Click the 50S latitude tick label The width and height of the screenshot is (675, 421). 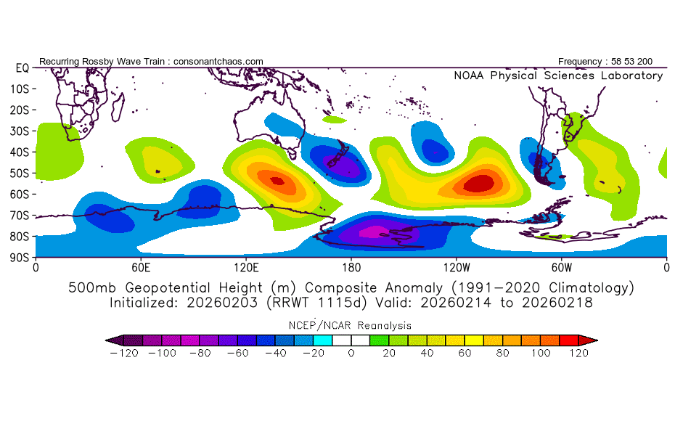[20, 173]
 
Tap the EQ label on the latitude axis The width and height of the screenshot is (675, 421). [22, 68]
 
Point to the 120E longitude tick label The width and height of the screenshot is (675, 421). [246, 268]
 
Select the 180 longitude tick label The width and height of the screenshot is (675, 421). [351, 268]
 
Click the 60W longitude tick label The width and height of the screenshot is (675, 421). [561, 268]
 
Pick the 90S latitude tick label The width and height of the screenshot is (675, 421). [20, 258]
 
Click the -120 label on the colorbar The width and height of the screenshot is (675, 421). [124, 353]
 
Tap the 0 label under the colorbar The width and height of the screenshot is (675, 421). [351, 353]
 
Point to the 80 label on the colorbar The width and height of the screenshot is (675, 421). [502, 353]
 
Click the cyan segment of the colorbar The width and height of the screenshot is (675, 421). [323, 340]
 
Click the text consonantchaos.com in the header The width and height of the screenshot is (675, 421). [218, 62]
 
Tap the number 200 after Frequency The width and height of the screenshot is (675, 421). [645, 62]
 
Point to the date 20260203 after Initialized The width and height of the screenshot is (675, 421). [222, 303]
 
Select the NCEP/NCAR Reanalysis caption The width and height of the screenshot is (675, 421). [350, 325]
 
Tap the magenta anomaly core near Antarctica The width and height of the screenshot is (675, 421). [374, 232]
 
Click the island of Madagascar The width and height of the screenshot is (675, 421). [118, 107]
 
